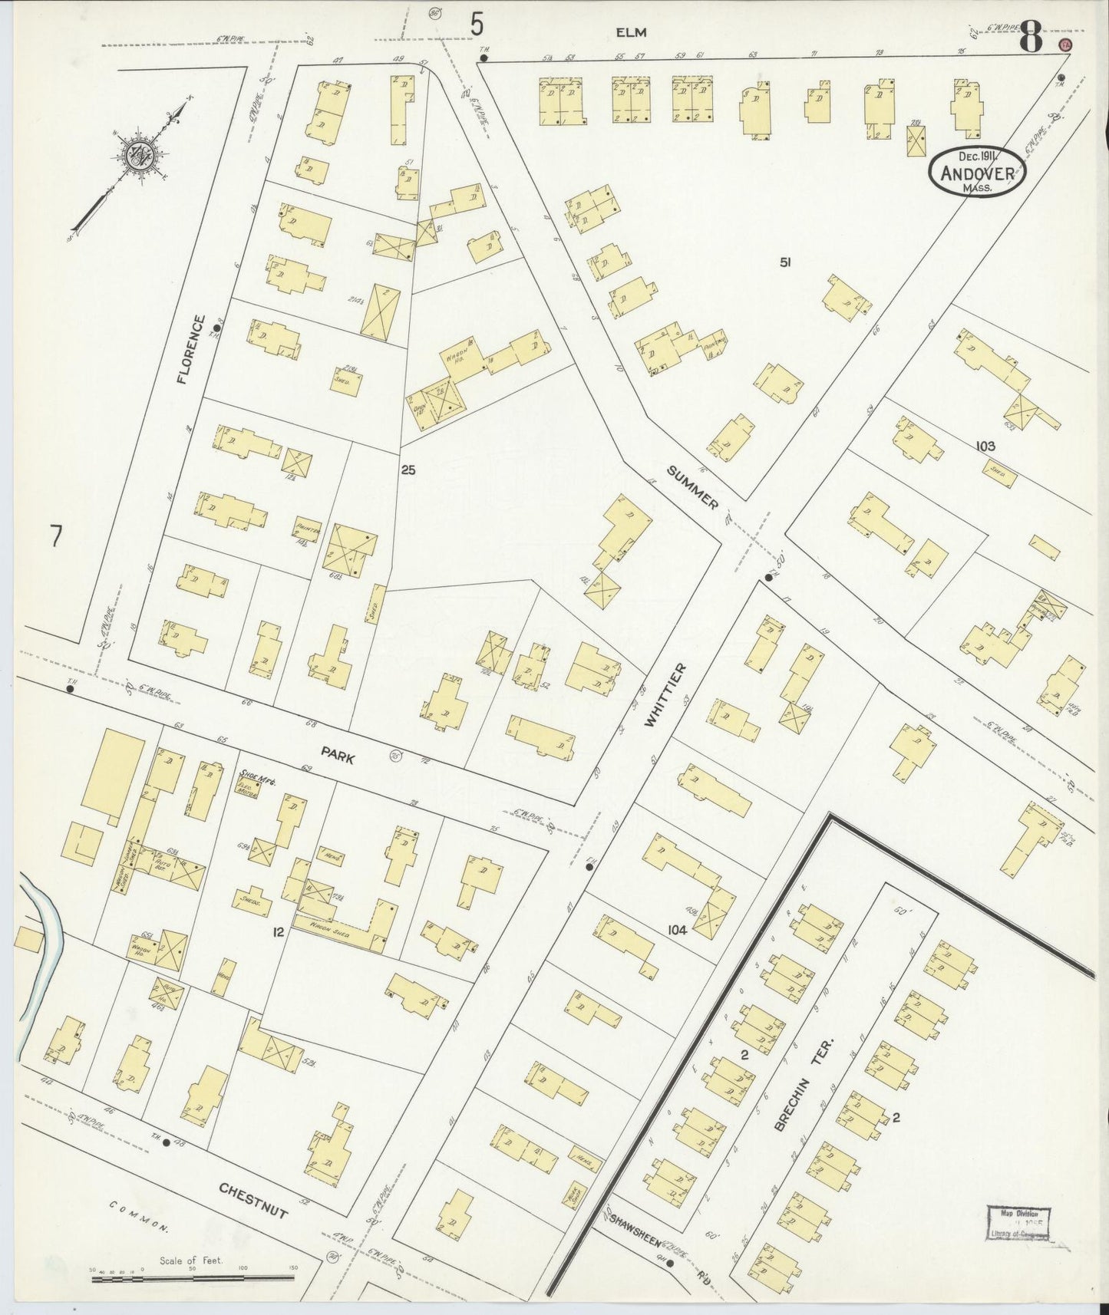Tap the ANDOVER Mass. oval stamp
click(977, 172)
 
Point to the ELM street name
click(630, 32)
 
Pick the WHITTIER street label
click(665, 695)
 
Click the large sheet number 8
click(1030, 38)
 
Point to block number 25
click(408, 470)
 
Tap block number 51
click(784, 262)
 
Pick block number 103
click(985, 446)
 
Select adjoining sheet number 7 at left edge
click(55, 536)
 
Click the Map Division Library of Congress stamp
click(1018, 1223)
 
